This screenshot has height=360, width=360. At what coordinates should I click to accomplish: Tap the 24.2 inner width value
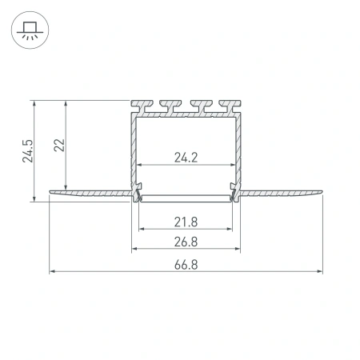click(x=186, y=158)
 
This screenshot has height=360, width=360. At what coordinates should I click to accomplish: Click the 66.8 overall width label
click(x=186, y=263)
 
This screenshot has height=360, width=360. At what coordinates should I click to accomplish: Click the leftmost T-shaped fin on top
click(x=142, y=105)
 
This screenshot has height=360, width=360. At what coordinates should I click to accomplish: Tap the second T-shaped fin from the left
click(x=172, y=105)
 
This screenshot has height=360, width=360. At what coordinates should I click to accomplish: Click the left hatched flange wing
click(x=88, y=192)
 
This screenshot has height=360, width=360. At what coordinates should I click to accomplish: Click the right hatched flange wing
click(x=284, y=192)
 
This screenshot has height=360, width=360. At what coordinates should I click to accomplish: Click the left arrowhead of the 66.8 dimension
click(x=53, y=271)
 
